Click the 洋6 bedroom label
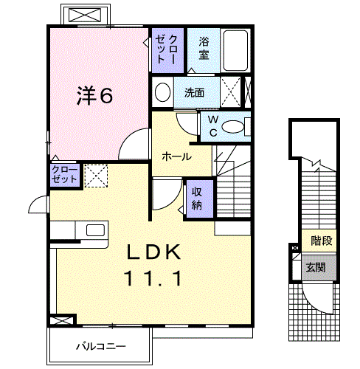coord(96,95)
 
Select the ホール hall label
coord(176,156)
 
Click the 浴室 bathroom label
coord(204,49)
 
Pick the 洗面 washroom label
coord(195,93)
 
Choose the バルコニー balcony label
coord(100,345)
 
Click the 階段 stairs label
coord(321,241)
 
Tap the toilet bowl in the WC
coord(235,127)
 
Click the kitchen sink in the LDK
coord(95,229)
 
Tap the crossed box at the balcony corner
coord(62,321)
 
